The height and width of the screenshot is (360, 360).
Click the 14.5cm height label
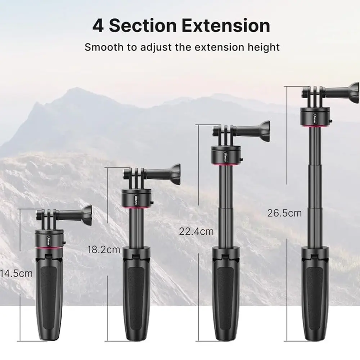(x=16, y=274)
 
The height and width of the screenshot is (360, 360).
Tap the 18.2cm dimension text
(x=104, y=249)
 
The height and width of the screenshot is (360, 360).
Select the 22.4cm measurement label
(x=196, y=231)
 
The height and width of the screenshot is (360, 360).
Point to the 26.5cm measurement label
(x=284, y=213)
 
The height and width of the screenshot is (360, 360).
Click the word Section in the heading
(x=143, y=26)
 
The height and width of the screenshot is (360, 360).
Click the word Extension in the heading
(x=226, y=26)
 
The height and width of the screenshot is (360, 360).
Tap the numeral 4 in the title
(x=98, y=26)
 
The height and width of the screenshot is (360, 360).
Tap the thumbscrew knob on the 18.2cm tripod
(x=175, y=174)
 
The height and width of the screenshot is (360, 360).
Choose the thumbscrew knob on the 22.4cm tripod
(x=265, y=131)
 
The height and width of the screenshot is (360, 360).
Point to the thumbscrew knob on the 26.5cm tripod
(x=354, y=93)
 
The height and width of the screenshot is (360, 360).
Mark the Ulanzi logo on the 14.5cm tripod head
(x=49, y=240)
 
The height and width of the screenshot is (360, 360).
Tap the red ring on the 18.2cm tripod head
(x=136, y=207)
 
